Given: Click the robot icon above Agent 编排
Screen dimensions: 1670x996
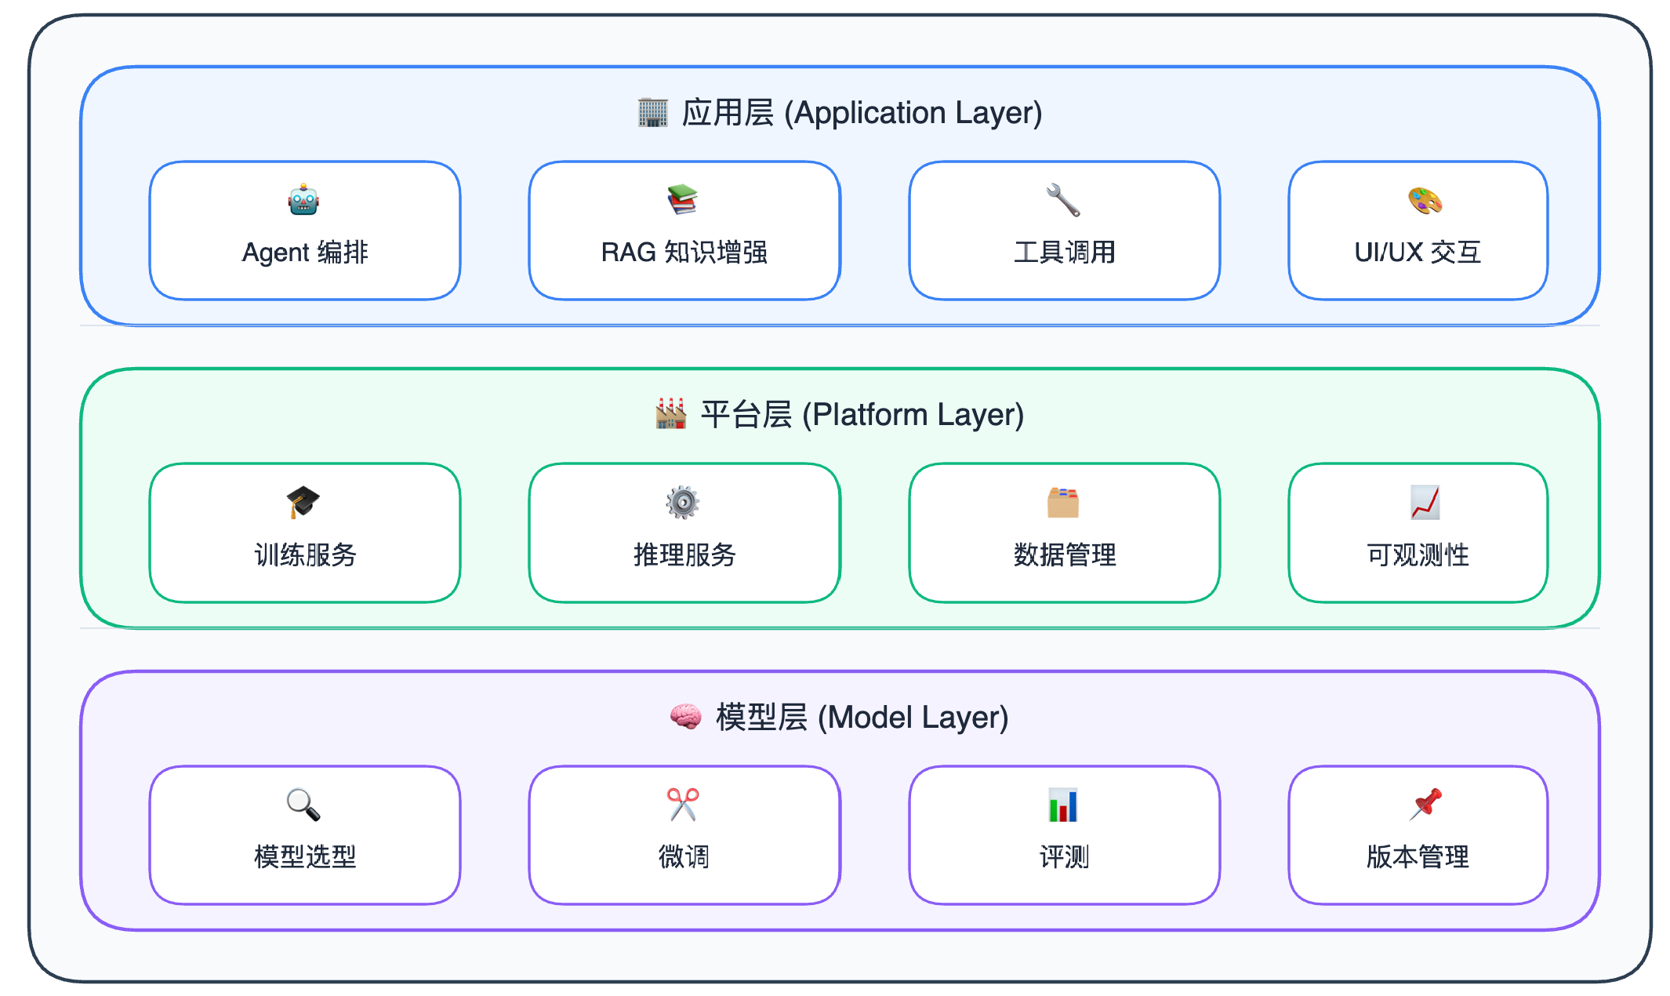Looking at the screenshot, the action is point(303,200).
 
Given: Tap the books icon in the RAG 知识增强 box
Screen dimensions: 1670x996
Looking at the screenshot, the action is point(683,200).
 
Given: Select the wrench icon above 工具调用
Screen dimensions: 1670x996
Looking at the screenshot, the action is point(1063,200).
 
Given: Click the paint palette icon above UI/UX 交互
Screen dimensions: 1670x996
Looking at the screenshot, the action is point(1425,200).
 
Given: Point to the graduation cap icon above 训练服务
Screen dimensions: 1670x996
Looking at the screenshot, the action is point(303,502).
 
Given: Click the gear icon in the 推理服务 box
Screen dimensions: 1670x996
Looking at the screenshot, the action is point(683,502).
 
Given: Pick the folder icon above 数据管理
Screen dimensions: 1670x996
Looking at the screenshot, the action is point(1063,502).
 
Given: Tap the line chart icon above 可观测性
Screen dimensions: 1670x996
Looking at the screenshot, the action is point(1425,502).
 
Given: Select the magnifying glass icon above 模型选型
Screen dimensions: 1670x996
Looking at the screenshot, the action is point(303,805).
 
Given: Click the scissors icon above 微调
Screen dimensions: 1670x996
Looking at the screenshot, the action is point(683,805).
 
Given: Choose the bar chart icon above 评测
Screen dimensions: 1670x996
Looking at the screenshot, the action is point(1063,805).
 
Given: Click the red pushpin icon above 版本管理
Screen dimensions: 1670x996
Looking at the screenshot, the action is point(1425,805).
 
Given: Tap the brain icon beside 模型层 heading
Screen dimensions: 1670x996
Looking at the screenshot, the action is point(686,717).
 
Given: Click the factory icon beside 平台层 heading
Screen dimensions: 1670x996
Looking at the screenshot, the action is point(671,413).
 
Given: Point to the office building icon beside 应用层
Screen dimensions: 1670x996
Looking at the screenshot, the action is point(653,112).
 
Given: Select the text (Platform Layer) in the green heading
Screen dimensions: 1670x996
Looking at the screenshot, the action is point(913,415).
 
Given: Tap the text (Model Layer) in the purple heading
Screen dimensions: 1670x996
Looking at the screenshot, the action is point(913,718).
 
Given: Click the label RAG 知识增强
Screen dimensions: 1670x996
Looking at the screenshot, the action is point(684,253).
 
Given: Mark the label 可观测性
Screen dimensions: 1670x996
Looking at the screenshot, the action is point(1418,555).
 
